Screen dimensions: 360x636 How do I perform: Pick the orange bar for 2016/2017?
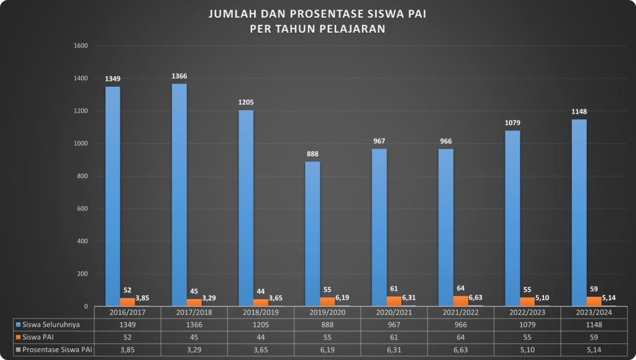pos(127,302)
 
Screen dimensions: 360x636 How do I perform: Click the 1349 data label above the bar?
pos(112,79)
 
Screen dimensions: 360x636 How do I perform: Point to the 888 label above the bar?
pos(312,154)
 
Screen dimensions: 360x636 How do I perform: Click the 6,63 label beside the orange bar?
pos(476,298)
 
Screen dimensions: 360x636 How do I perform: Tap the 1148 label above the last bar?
pos(579,112)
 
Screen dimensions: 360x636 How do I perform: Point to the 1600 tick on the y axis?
pos(81,46)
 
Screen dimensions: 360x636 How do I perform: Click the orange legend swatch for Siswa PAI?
pos(18,337)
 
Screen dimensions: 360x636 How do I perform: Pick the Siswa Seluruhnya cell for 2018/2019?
pos(260,325)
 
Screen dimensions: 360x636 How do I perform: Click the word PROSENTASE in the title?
pos(302,14)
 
